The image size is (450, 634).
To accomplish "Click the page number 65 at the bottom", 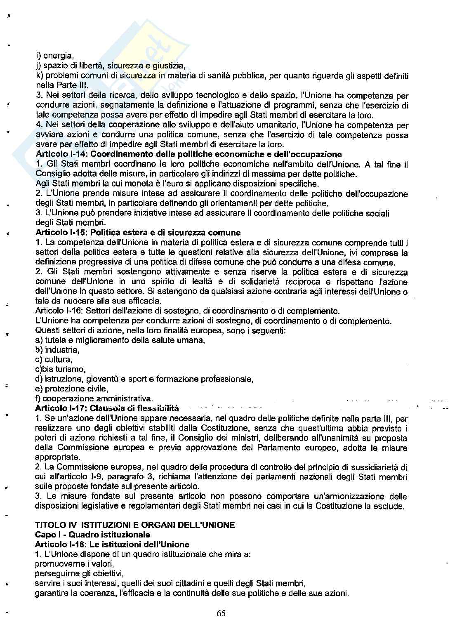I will pos(221,613).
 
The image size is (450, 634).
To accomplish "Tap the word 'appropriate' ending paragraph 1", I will pos(57,457).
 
